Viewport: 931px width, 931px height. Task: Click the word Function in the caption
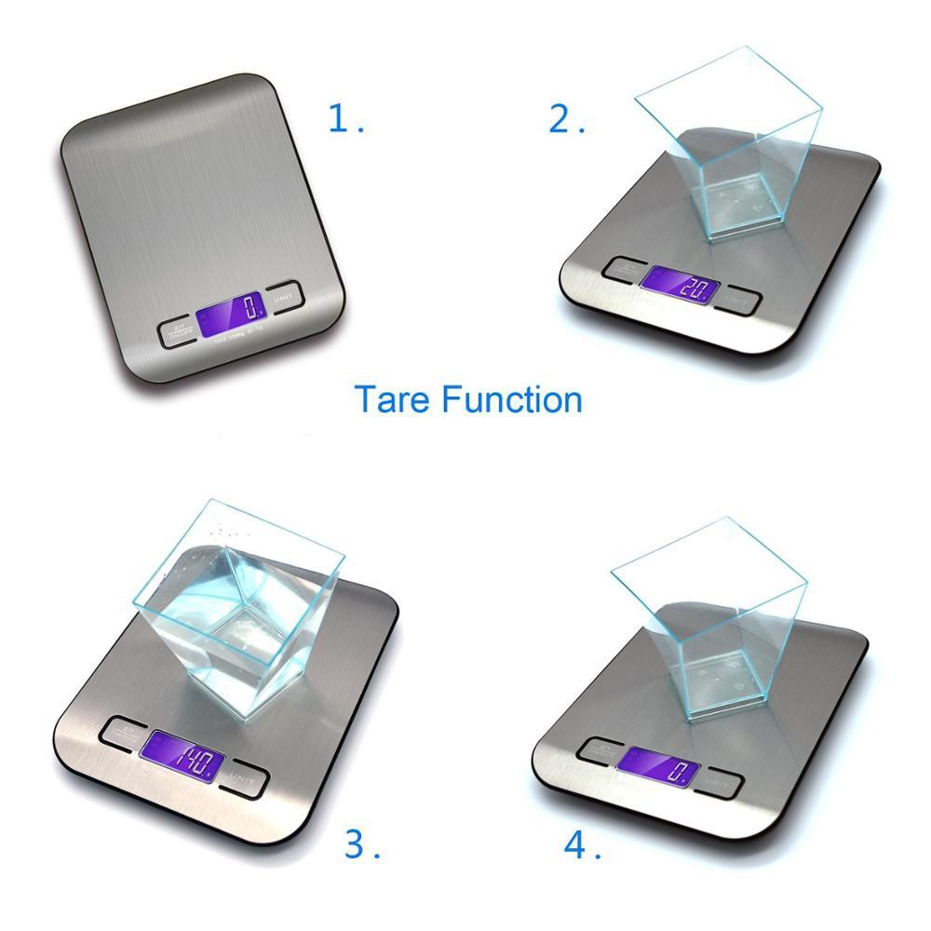(511, 399)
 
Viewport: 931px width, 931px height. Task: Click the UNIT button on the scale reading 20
(739, 300)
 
